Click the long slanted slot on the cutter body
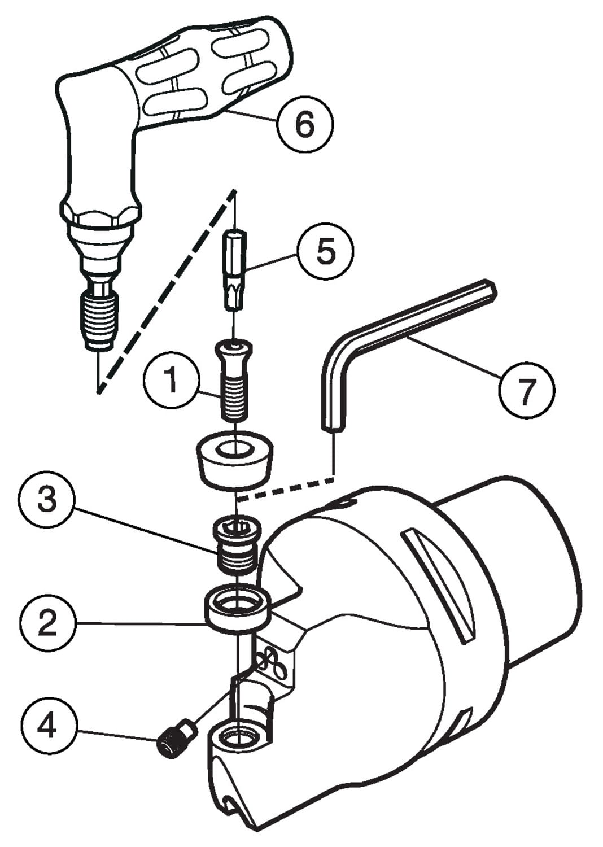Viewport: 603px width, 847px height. pos(440,586)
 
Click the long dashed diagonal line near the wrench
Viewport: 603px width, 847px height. pos(167,291)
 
